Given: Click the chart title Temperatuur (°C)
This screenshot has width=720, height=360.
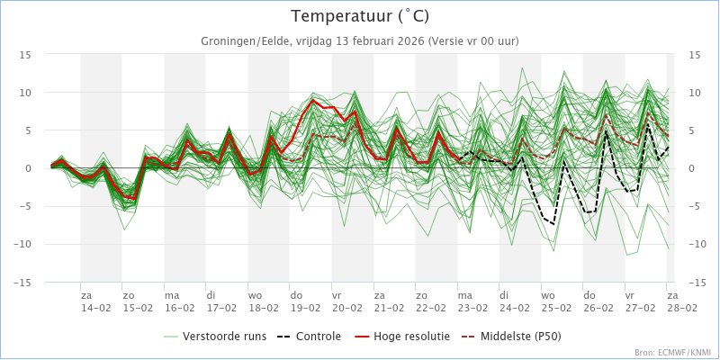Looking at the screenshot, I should click(360, 16).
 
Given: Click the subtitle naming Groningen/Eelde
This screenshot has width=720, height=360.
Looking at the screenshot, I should click(360, 41).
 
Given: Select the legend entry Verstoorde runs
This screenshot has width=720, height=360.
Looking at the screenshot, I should click(224, 337).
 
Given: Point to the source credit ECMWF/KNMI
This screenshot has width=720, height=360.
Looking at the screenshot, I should click(673, 353).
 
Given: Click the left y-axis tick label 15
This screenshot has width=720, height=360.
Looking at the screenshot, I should click(26, 55).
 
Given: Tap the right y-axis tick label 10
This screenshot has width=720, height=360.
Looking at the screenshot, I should click(694, 93).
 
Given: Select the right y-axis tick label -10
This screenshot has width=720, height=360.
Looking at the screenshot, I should click(697, 245).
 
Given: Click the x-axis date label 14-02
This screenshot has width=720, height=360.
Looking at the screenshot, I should click(96, 307).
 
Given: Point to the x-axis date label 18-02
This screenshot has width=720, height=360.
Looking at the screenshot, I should click(264, 307).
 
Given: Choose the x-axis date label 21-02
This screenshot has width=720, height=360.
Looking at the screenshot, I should click(390, 307).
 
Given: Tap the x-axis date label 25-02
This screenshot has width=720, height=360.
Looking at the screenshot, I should click(556, 307).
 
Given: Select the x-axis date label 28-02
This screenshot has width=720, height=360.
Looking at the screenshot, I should click(681, 307).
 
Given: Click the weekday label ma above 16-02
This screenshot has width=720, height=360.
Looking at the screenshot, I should click(171, 294).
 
